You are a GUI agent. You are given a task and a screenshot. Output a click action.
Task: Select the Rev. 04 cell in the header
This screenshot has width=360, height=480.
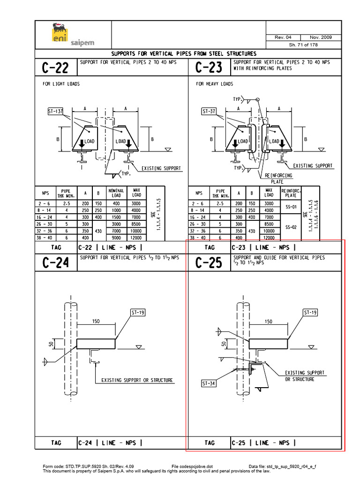[x=285, y=37]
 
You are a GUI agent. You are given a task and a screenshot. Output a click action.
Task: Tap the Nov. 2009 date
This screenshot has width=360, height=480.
[x=321, y=37]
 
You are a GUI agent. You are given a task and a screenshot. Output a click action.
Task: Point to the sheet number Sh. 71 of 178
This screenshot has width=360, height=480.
[x=303, y=45]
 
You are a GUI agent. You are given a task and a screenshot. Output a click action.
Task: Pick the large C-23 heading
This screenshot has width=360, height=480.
[x=209, y=68]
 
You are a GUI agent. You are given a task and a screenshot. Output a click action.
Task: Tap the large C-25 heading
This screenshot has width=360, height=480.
[x=209, y=263]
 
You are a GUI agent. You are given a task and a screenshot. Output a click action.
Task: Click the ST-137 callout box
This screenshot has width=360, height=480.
[x=55, y=112]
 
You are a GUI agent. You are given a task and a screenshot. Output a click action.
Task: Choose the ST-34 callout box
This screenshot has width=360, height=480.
[x=209, y=383]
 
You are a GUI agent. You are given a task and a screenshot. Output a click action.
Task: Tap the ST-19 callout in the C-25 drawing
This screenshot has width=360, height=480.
[x=311, y=312]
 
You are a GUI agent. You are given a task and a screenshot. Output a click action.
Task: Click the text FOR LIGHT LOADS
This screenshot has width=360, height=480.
[x=61, y=84]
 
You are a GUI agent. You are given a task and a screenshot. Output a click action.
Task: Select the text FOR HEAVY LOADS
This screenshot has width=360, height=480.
[x=214, y=84]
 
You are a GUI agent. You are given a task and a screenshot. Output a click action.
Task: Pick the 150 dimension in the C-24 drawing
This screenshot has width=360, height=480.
[x=96, y=322]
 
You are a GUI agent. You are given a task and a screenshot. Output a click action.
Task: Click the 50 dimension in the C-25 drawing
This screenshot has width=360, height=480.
[x=225, y=344]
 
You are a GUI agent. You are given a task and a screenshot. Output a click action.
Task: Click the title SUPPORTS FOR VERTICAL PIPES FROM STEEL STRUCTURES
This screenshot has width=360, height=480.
[x=183, y=53]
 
